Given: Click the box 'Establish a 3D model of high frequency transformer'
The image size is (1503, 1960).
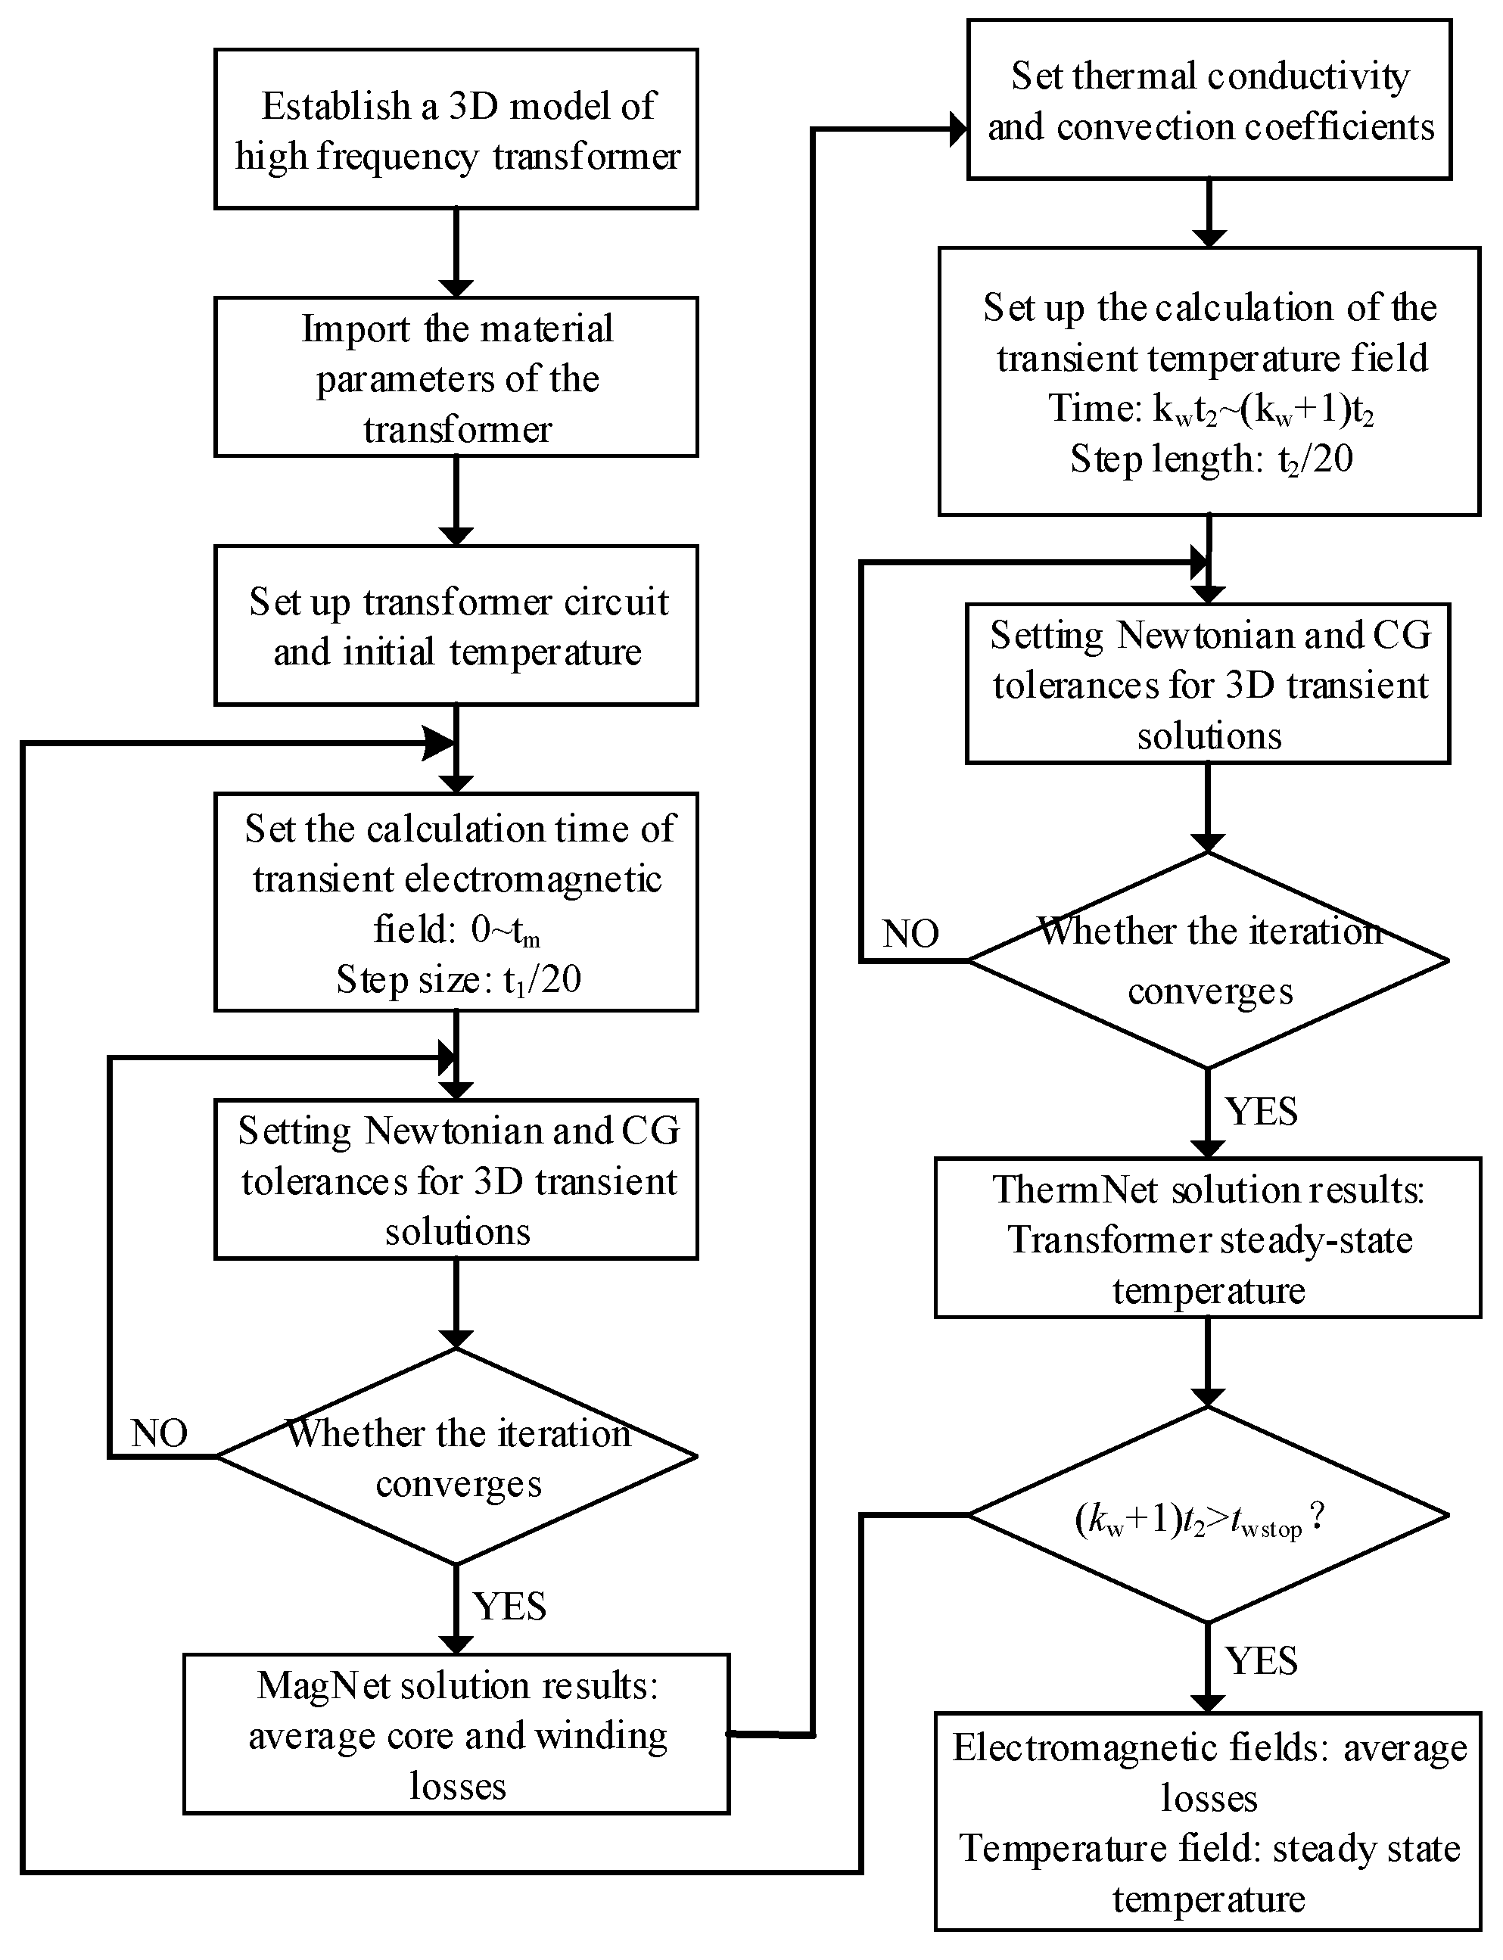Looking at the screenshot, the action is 456,129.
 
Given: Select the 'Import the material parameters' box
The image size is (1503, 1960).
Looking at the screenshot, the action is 456,377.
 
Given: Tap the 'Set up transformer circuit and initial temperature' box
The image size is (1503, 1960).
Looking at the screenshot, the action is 456,625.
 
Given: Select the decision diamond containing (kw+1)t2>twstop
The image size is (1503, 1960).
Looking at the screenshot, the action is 1208,1514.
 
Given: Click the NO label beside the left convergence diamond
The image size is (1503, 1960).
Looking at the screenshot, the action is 159,1433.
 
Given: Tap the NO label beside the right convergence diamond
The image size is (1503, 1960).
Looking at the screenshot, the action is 910,934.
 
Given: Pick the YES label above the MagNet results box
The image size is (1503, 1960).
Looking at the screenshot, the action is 510,1606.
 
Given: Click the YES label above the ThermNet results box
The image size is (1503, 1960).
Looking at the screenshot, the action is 1262,1111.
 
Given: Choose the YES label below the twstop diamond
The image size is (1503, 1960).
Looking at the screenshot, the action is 1262,1660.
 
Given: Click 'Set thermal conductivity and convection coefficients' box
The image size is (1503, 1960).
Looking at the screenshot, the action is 1209,99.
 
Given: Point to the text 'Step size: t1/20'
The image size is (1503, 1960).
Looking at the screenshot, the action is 459,979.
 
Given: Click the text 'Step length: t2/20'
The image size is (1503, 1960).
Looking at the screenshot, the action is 1212,459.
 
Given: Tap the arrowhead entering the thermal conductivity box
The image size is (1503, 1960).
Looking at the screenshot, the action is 958,129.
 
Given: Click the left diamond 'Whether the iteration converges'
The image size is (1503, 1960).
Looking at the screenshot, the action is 456,1456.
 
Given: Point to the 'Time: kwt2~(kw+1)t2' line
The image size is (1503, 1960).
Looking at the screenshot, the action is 1212,409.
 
